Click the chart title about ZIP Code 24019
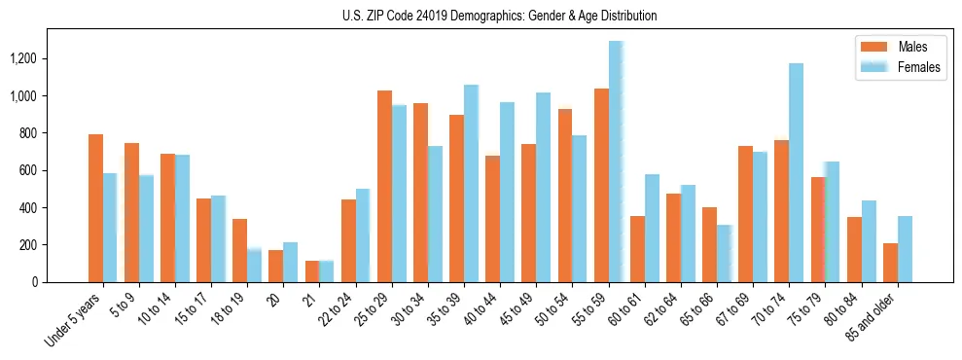[x=499, y=16]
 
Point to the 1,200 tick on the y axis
[x=24, y=59]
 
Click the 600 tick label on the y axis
[x=28, y=170]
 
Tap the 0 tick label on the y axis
[x=36, y=282]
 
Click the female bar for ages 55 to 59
[x=616, y=162]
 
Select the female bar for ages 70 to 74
[x=797, y=173]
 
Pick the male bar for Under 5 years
[x=95, y=208]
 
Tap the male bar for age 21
[x=312, y=271]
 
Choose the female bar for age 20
[x=291, y=263]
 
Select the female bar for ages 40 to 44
[x=507, y=193]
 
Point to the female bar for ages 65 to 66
[x=725, y=254]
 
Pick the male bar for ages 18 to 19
[x=240, y=250]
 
